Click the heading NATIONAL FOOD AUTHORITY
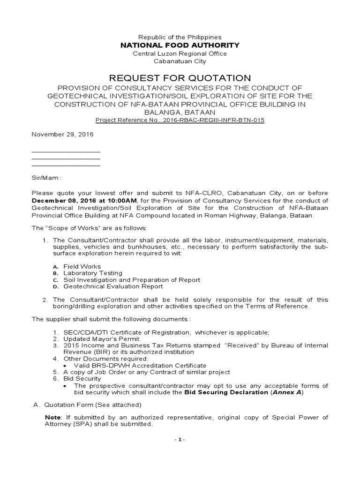tap(180, 45)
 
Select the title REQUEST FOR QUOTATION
tap(180, 78)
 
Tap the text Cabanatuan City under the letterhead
tap(180, 61)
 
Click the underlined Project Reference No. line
tap(180, 120)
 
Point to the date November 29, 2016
tap(62, 135)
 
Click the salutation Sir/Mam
tap(46, 178)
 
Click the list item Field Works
tap(82, 267)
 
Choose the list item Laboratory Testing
tap(93, 273)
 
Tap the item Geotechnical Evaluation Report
tap(113, 286)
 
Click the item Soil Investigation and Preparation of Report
tap(132, 280)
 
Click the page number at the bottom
tap(180, 440)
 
